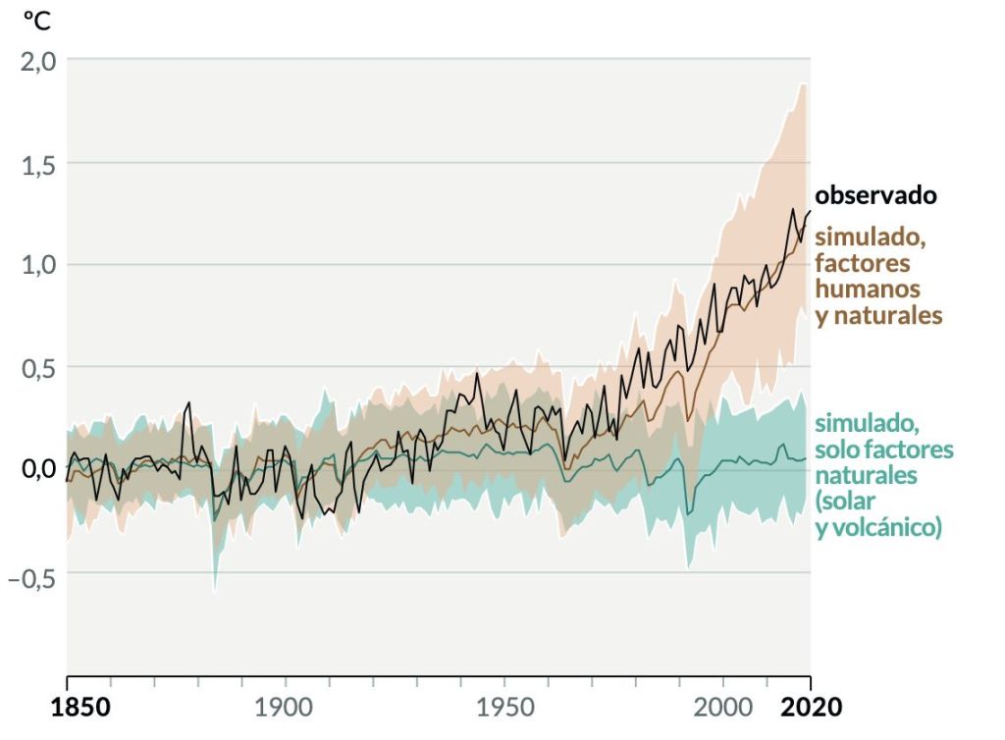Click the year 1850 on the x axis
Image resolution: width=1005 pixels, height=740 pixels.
coord(67,707)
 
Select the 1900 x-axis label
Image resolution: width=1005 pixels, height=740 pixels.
coord(285,707)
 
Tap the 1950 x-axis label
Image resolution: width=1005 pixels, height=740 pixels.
coord(503,707)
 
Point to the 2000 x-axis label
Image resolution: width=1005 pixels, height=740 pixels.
coord(722,707)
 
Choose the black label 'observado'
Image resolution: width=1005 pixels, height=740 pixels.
coord(875,195)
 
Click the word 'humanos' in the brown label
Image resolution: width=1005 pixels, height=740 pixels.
coord(868,290)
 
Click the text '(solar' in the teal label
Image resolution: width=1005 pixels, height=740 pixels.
coord(849,502)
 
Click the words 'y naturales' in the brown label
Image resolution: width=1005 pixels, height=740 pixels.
coord(878,316)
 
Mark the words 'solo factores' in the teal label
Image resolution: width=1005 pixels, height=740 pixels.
coord(883,450)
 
